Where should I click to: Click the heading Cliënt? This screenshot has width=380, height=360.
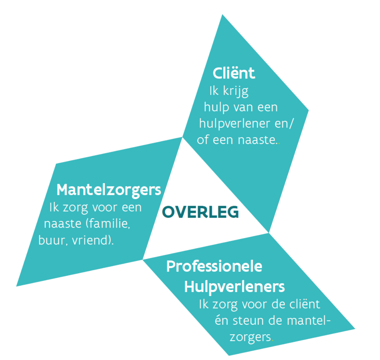tap(234, 73)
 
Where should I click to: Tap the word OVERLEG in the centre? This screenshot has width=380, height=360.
tap(200, 212)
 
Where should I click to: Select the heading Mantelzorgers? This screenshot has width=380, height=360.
tap(109, 190)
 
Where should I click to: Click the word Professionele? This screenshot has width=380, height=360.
tap(214, 267)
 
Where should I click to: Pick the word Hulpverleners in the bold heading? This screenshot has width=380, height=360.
tap(234, 287)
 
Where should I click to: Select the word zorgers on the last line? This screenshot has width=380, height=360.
tap(250, 337)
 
